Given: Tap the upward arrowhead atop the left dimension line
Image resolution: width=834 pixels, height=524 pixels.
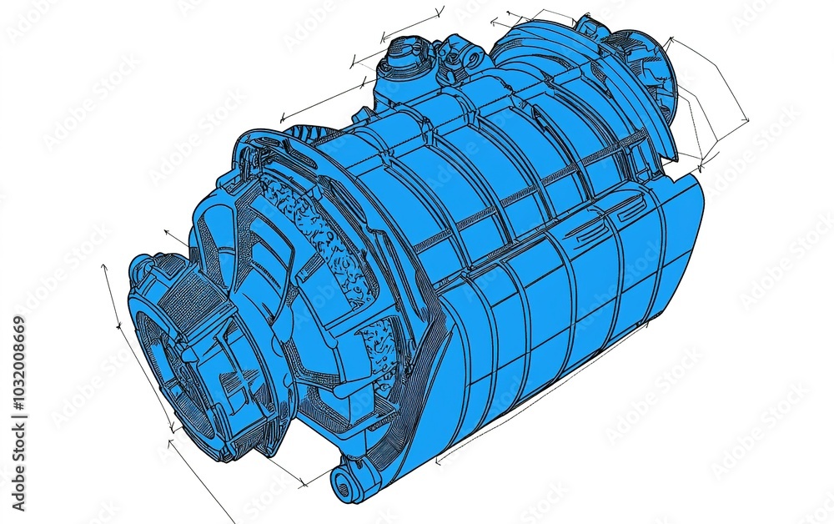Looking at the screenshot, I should tap(103, 267).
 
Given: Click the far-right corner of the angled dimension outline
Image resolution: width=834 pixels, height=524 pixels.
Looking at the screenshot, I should tap(746, 121).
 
